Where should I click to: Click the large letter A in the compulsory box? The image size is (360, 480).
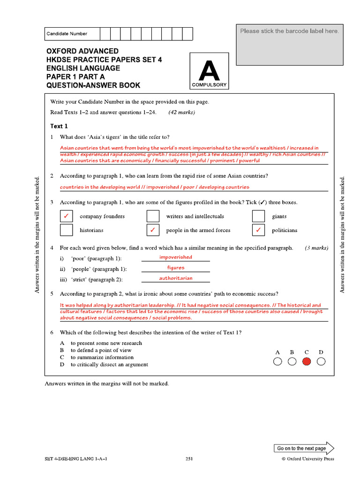click(209, 71)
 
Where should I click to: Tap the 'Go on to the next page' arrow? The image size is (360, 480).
click(304, 448)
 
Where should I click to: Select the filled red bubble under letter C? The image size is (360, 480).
click(307, 361)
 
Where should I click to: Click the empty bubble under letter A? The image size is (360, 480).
click(277, 361)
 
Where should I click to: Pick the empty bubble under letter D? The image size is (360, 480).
click(321, 361)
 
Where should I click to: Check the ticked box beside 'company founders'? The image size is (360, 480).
click(67, 216)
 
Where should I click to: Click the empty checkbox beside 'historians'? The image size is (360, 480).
click(67, 230)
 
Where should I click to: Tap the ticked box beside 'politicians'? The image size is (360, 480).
click(259, 230)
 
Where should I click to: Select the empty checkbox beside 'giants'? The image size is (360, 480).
click(259, 216)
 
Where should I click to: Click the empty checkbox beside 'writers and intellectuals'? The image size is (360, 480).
click(153, 216)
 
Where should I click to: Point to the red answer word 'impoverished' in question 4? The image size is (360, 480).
click(176, 257)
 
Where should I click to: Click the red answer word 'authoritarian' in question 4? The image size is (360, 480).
click(176, 278)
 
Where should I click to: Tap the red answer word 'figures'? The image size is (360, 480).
click(176, 268)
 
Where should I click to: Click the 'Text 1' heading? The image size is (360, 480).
click(59, 126)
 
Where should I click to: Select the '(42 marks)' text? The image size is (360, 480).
click(181, 112)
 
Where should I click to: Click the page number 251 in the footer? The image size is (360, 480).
click(189, 459)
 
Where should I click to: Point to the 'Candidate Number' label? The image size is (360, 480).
click(67, 34)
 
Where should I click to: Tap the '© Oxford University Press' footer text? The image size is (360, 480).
click(307, 459)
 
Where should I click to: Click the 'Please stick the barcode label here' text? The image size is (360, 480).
click(289, 31)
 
